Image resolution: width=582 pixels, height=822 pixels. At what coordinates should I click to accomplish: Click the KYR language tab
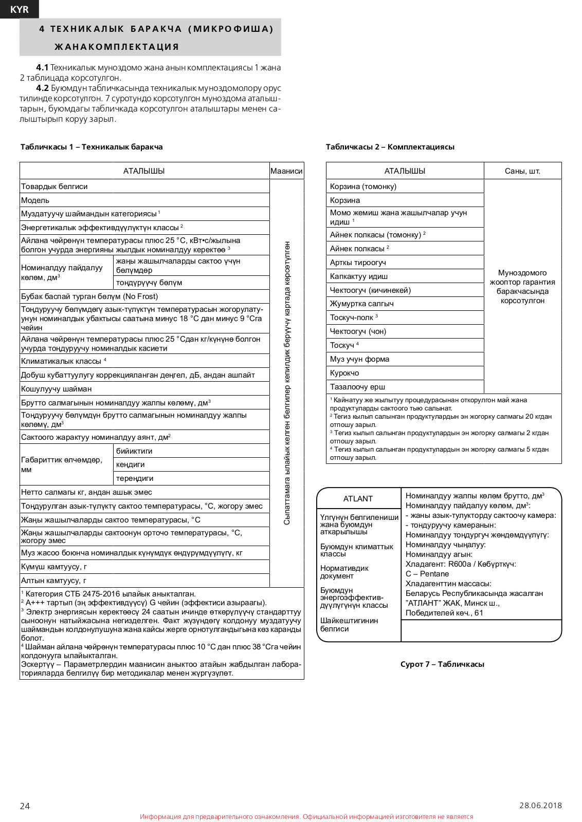pos(20,9)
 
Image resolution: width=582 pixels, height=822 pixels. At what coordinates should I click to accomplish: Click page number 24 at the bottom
pos(25,806)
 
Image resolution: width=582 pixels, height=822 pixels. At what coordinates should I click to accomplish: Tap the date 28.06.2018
pos(540,805)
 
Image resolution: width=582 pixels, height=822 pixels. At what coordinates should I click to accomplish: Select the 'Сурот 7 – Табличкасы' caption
pos(442,664)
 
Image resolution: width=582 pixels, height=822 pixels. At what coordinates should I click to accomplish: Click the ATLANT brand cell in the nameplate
pos(358,499)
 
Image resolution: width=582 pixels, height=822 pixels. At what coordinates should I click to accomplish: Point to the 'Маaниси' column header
pos(286,171)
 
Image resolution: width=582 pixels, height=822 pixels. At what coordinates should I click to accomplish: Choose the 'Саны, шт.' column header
pos(522,171)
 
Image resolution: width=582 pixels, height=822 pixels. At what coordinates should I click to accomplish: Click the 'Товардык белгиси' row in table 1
pos(54,186)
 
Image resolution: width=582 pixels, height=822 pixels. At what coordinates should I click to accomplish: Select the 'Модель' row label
pos(35,200)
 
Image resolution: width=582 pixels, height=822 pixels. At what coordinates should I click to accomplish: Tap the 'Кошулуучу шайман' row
pos(57,389)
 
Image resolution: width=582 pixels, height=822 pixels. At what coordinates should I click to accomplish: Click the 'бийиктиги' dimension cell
pos(134,451)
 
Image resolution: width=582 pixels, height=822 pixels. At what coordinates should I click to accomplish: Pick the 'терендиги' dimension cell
pos(135,478)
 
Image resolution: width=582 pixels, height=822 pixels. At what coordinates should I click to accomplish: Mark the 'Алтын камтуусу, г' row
pos(54,581)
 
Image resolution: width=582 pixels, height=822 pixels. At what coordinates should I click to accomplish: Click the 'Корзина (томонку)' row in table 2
pos(363,186)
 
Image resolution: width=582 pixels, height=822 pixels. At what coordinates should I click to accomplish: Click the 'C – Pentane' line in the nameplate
pos(427,574)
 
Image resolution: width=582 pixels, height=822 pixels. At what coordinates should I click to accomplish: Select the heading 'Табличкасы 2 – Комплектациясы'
pos(390,147)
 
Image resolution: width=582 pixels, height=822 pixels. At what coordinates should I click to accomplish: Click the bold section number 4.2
pos(42,88)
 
